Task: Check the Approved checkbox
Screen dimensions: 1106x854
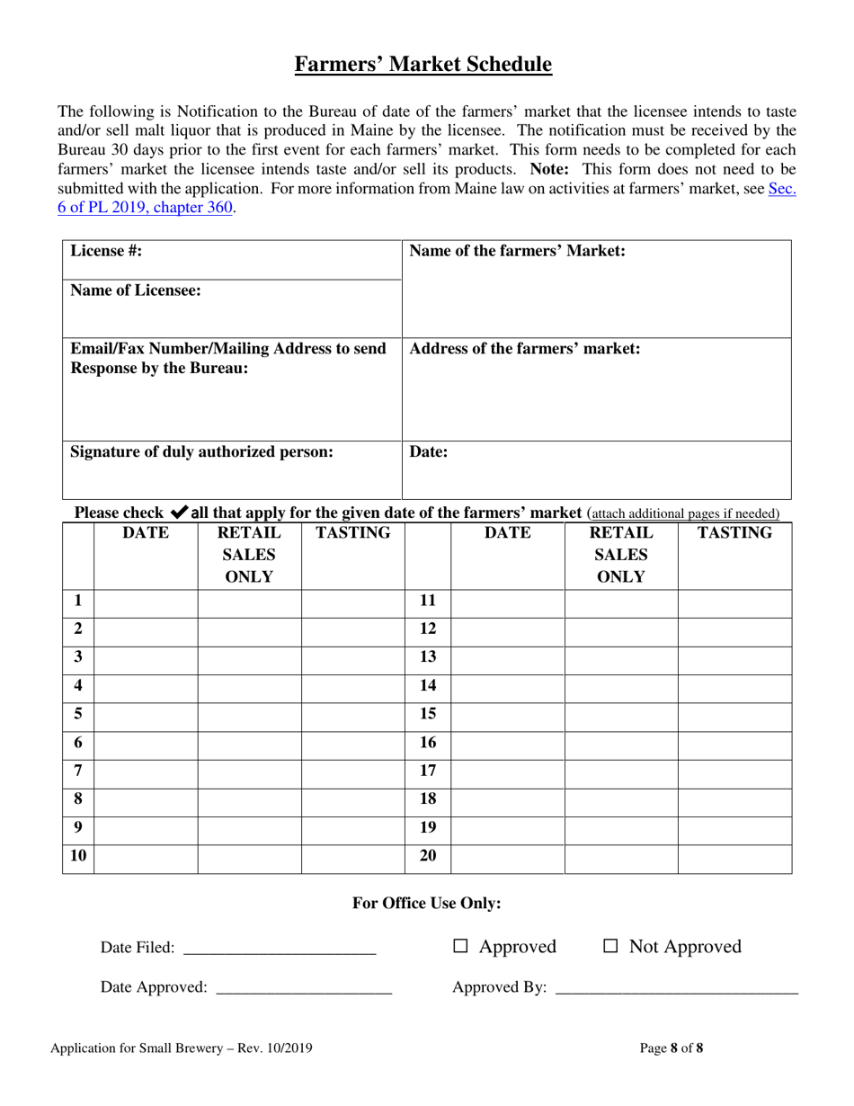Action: tap(461, 946)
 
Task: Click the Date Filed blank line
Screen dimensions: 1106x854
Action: tap(279, 947)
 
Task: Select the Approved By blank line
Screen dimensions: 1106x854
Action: tap(676, 987)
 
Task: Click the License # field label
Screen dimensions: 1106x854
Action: tap(106, 252)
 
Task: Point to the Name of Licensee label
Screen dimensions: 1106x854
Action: tap(136, 290)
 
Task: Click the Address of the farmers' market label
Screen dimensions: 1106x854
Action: tap(525, 349)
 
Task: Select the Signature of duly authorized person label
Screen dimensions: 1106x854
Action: tap(201, 451)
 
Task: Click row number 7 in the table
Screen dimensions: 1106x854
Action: tap(78, 771)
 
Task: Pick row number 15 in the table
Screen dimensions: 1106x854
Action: tap(428, 714)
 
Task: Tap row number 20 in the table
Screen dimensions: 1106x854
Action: tap(428, 856)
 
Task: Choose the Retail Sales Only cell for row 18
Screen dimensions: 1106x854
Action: tap(620, 799)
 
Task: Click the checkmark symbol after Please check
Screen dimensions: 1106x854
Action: tap(178, 513)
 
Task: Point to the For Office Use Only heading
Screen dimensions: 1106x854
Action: tap(426, 904)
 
